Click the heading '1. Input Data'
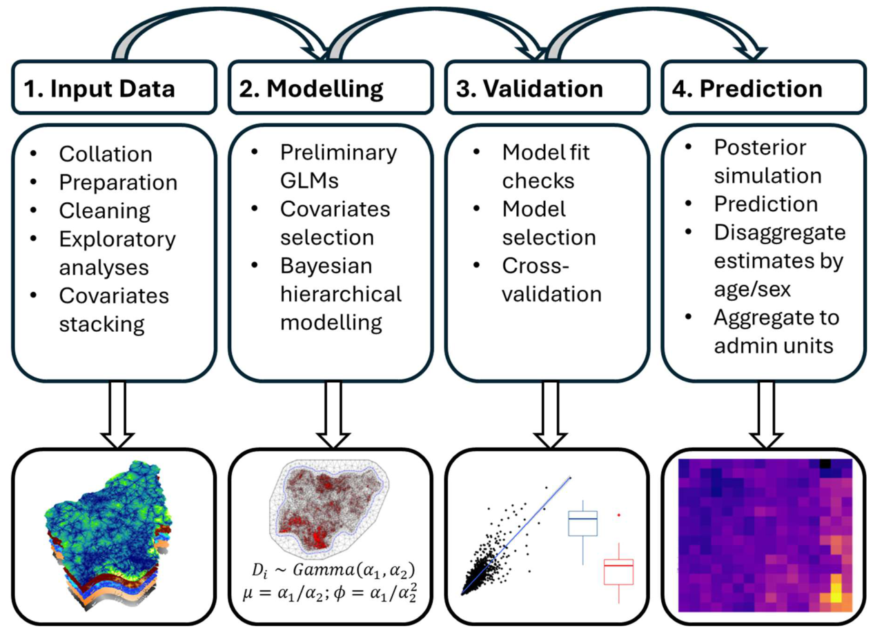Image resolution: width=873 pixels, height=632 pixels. (x=99, y=89)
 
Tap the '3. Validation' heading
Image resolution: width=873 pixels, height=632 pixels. (x=529, y=89)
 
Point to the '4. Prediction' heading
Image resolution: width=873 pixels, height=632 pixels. (x=747, y=89)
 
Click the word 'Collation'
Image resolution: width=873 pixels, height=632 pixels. (x=106, y=154)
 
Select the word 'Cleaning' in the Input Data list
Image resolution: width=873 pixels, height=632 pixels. (x=104, y=211)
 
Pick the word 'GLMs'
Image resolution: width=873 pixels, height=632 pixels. (x=309, y=180)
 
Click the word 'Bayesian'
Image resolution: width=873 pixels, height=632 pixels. (x=326, y=266)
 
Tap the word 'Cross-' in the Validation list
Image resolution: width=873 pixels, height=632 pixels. (x=536, y=266)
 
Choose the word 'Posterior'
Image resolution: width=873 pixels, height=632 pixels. (x=760, y=147)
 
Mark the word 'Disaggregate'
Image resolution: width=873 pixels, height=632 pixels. (x=780, y=233)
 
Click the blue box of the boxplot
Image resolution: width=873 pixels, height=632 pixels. (x=583, y=523)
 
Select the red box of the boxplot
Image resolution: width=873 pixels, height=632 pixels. (x=618, y=572)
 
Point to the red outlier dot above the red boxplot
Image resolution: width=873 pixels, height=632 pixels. (x=619, y=515)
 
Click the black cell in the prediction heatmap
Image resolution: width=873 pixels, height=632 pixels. (x=825, y=464)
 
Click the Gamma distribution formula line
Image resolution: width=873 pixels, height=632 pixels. (x=333, y=571)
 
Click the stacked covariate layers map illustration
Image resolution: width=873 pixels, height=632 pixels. (x=108, y=536)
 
